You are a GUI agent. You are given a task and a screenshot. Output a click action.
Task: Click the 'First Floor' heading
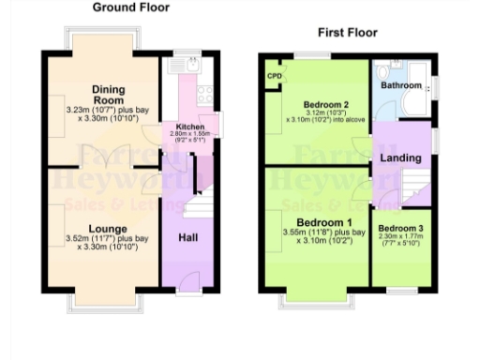tap(347, 33)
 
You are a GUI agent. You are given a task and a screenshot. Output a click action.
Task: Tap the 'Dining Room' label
tap(108, 95)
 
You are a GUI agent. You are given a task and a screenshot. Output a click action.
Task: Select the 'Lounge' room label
tap(108, 228)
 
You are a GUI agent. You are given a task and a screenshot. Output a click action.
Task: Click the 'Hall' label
tap(188, 237)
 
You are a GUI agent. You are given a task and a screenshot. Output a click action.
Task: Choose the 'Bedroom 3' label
tap(400, 229)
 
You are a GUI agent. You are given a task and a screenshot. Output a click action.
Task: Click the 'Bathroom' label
tap(401, 85)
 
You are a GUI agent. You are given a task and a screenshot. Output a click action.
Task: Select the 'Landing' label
tap(399, 158)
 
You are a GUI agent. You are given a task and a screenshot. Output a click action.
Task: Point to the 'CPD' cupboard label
tap(275, 76)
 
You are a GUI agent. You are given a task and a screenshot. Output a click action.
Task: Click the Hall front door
tap(188, 281)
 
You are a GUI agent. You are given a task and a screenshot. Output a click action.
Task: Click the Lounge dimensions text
tap(108, 244)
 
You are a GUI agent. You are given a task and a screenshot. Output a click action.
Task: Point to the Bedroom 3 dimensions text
tap(400, 241)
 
